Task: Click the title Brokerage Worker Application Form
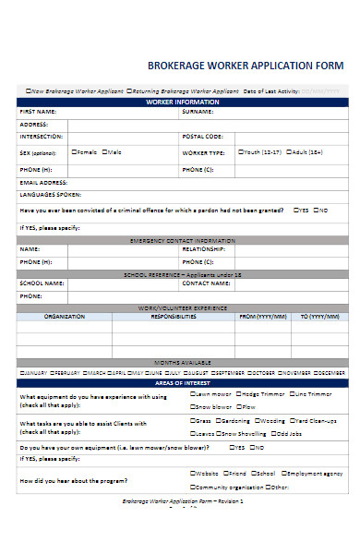pos(245,66)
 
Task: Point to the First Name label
pos(36,111)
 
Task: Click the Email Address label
pos(42,183)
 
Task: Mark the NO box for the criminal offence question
pos(316,210)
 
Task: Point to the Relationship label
pos(204,249)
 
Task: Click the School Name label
pos(42,283)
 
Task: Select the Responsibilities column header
pos(173,316)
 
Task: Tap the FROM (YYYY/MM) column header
pos(263,316)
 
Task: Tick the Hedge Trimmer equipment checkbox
pos(237,393)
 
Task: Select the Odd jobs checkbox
pos(275,433)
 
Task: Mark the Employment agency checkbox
pos(282,473)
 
